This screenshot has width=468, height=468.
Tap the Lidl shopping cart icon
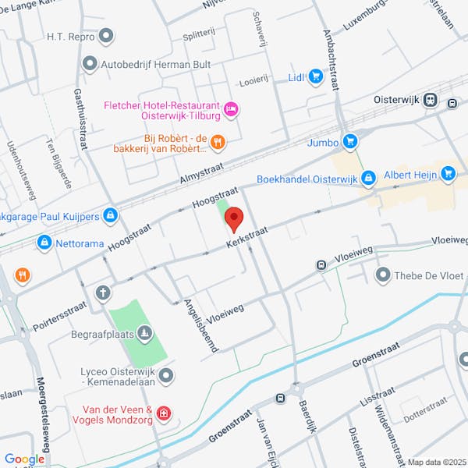315,76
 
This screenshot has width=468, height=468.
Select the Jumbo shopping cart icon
350,141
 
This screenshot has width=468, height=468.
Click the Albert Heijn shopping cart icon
448,174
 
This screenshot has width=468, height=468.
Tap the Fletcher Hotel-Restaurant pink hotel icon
230,109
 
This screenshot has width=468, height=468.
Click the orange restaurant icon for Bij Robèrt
218,142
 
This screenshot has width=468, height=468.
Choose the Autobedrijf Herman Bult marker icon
90,63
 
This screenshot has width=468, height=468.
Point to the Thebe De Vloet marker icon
382,275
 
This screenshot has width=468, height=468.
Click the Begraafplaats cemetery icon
144,335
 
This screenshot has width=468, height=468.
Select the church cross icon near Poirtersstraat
102,292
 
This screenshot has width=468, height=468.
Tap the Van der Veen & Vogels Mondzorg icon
162,413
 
